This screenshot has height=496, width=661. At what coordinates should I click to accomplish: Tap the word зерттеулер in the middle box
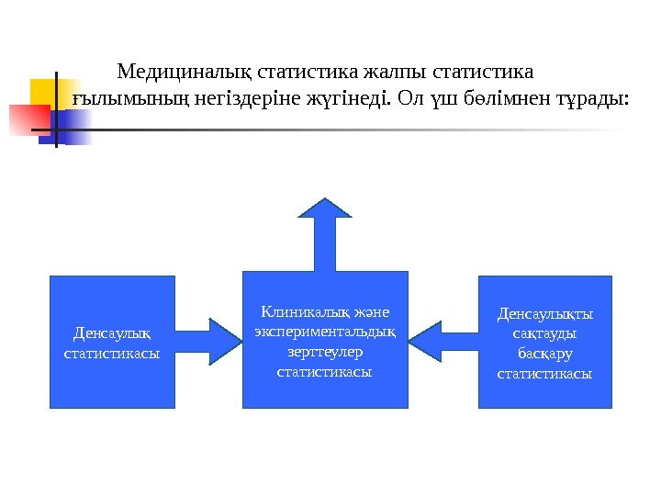(325, 351)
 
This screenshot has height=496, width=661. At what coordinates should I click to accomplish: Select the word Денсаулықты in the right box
(544, 313)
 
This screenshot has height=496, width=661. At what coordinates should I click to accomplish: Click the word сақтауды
(544, 333)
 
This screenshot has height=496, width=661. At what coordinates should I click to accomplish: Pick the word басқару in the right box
(544, 354)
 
